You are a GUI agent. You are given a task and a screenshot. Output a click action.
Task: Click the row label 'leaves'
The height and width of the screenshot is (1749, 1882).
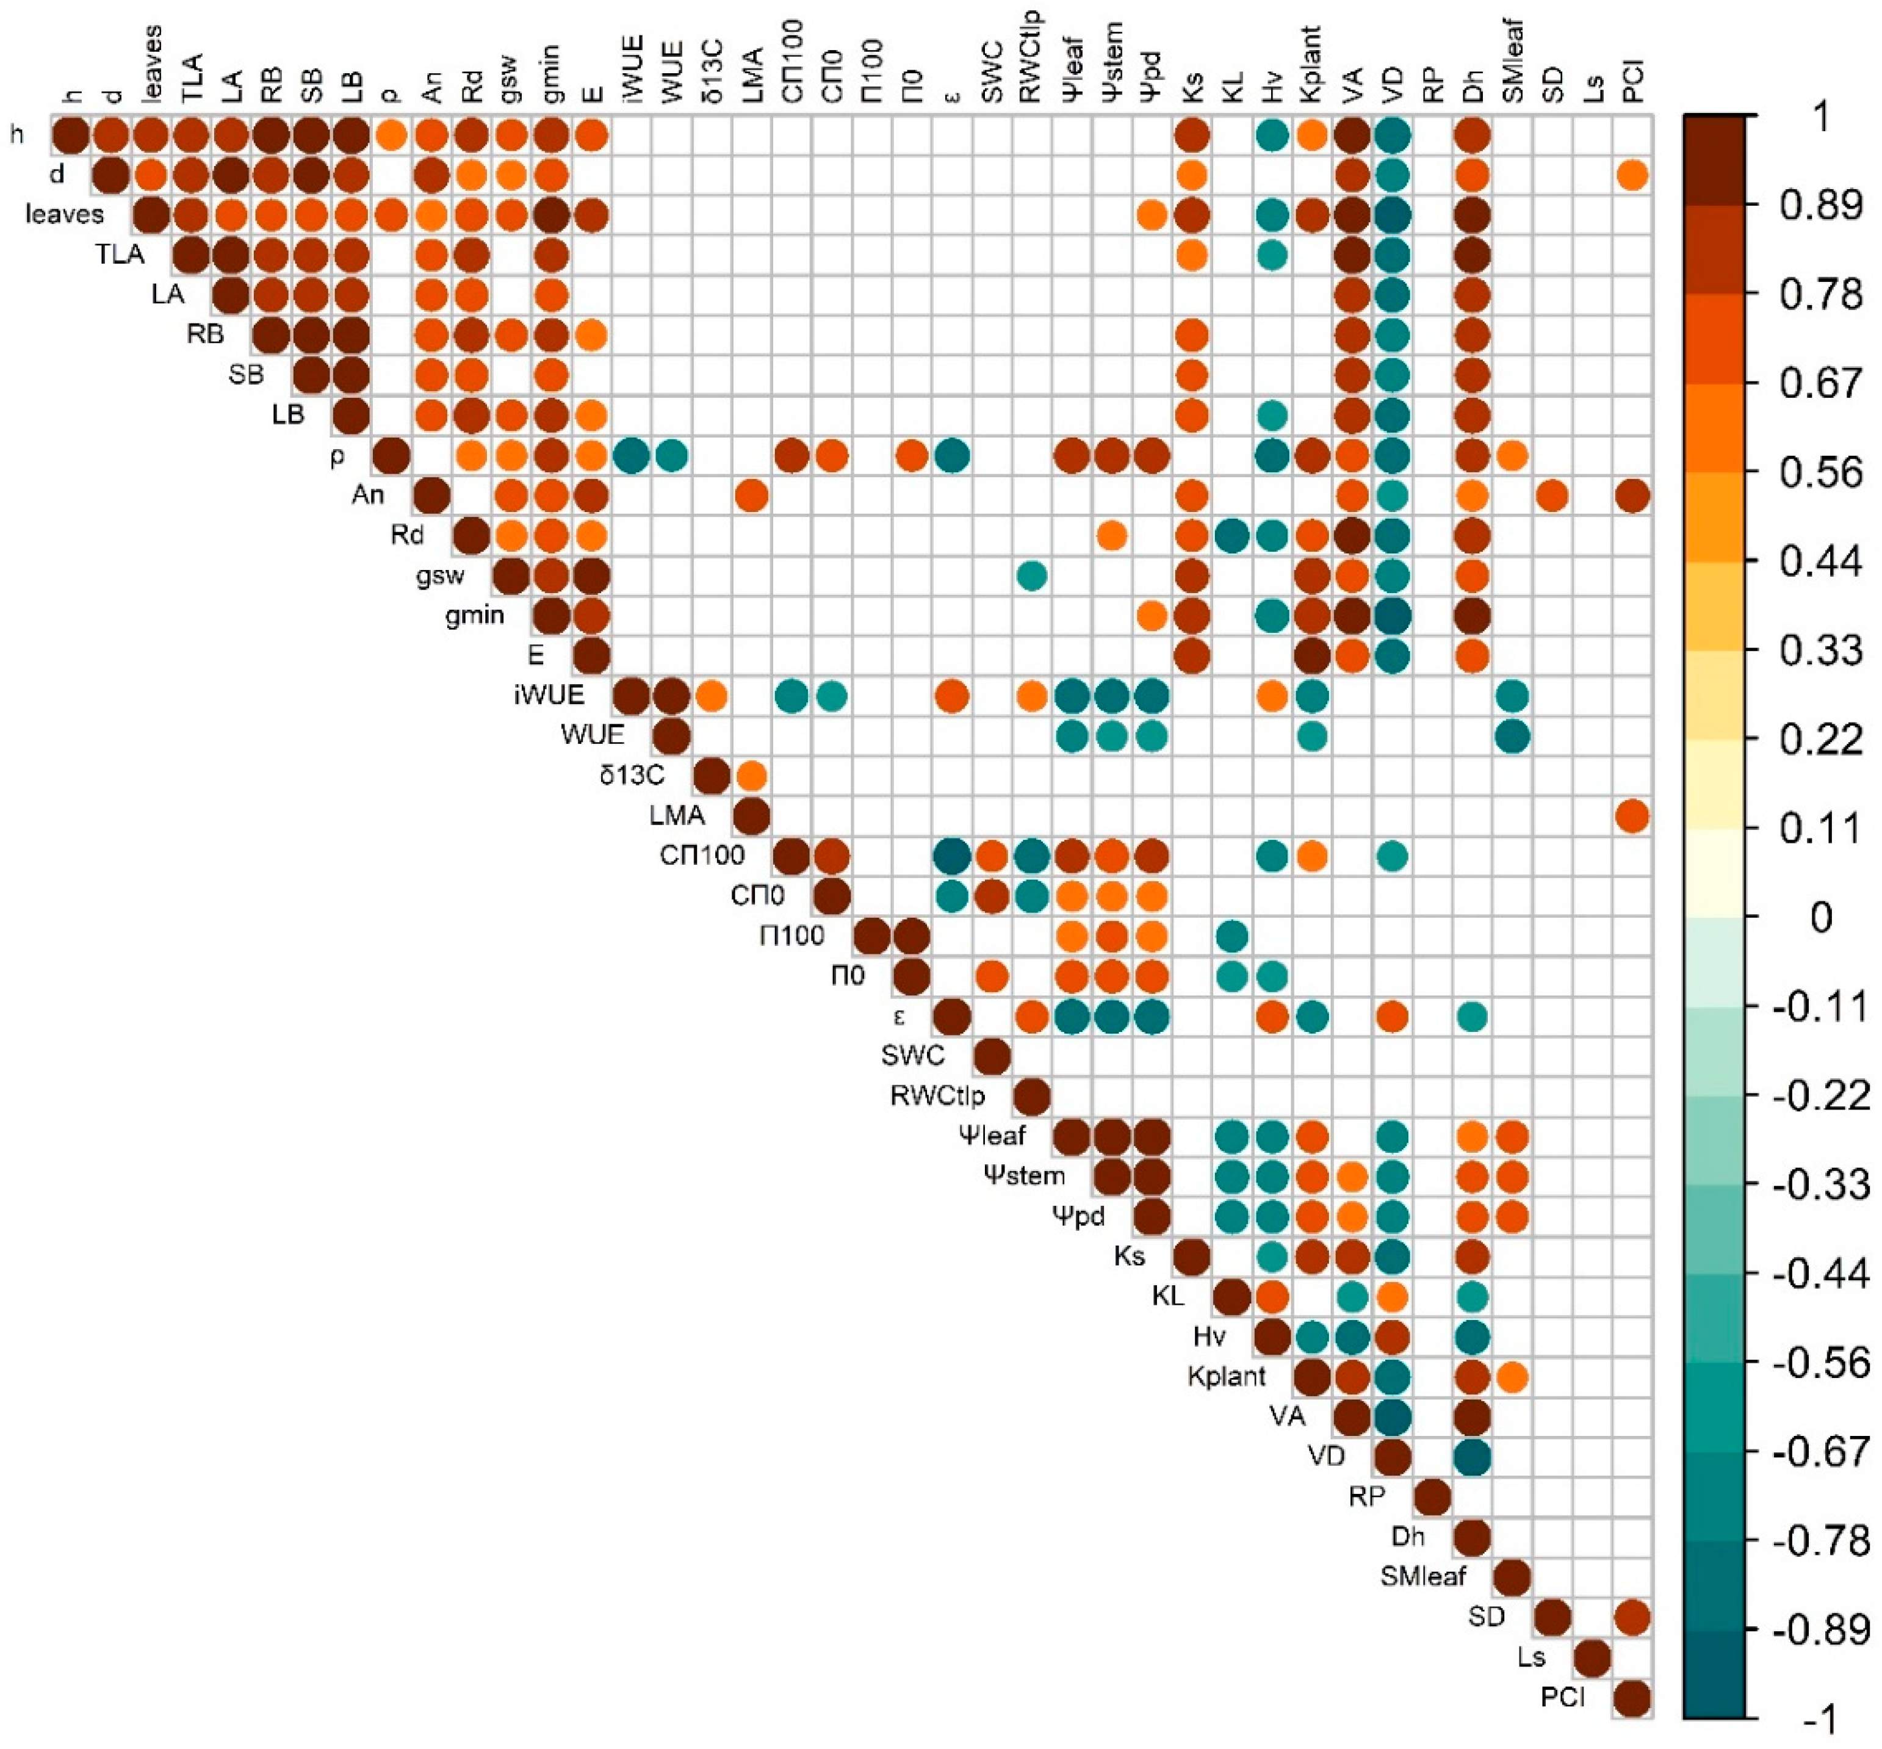pyautogui.click(x=64, y=215)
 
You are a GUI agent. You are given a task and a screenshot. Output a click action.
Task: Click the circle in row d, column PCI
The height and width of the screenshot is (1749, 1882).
pyautogui.click(x=1632, y=175)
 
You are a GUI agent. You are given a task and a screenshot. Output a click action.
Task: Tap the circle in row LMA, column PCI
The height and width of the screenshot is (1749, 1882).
pyautogui.click(x=1632, y=816)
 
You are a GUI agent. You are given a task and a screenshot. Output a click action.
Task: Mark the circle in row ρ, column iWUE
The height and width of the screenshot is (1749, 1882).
pyautogui.click(x=631, y=455)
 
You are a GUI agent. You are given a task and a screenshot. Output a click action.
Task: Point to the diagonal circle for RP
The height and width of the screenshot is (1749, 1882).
pyautogui.click(x=1432, y=1497)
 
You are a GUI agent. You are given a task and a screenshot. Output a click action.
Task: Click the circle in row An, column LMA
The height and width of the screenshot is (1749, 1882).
pyautogui.click(x=751, y=495)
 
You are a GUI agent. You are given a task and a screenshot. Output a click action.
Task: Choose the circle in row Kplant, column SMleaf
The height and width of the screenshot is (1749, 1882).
pyautogui.click(x=1512, y=1377)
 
